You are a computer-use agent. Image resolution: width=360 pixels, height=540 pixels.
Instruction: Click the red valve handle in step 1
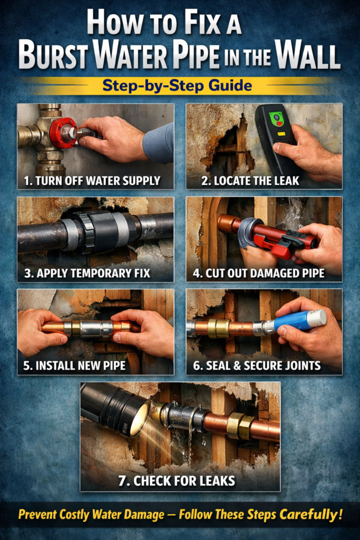[x=63, y=132]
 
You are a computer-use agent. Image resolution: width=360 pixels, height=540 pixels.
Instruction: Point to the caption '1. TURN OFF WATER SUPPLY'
[x=92, y=181]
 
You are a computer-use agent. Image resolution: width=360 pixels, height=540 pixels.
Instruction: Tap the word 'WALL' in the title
[x=309, y=56]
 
